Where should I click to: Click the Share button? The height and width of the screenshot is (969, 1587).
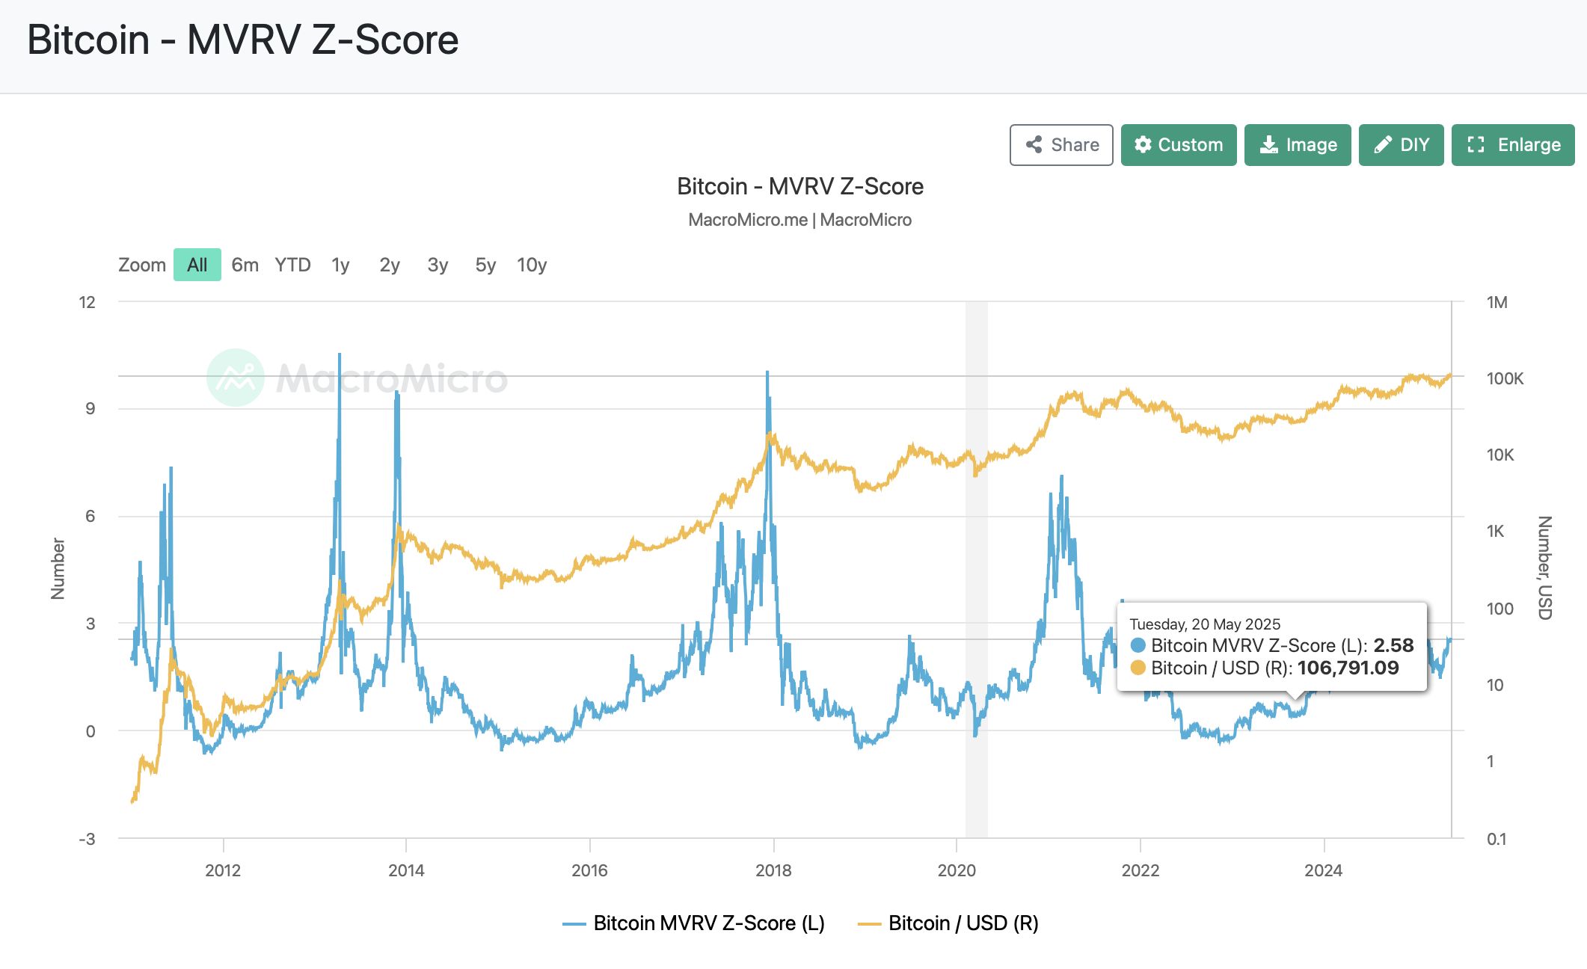point(1060,145)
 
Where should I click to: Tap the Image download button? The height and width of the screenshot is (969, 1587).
point(1297,145)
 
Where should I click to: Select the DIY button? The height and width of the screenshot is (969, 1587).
point(1400,145)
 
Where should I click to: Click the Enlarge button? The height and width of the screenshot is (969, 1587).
point(1512,145)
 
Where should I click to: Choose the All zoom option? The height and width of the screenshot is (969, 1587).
point(197,265)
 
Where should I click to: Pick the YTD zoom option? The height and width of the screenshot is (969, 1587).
point(292,265)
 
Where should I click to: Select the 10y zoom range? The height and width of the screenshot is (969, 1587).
point(532,265)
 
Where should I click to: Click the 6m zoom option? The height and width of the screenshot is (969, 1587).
point(245,265)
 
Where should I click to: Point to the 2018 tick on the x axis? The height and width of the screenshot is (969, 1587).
point(773,870)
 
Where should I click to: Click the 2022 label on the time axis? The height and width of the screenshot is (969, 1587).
point(1141,870)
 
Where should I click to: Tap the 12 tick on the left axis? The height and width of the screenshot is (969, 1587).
point(88,302)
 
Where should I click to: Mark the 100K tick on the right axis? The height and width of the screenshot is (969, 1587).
point(1505,378)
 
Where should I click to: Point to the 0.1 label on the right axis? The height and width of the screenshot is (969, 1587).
point(1497,839)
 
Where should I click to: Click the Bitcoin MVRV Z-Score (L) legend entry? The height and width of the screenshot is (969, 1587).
point(694,923)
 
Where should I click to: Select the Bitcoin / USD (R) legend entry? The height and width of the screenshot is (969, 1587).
point(948,923)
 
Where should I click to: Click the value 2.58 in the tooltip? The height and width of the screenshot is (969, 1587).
point(1393,645)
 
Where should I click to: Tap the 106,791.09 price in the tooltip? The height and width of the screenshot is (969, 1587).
point(1348,668)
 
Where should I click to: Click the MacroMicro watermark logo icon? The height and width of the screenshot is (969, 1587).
point(236,378)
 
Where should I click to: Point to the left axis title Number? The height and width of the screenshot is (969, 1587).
point(58,568)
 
